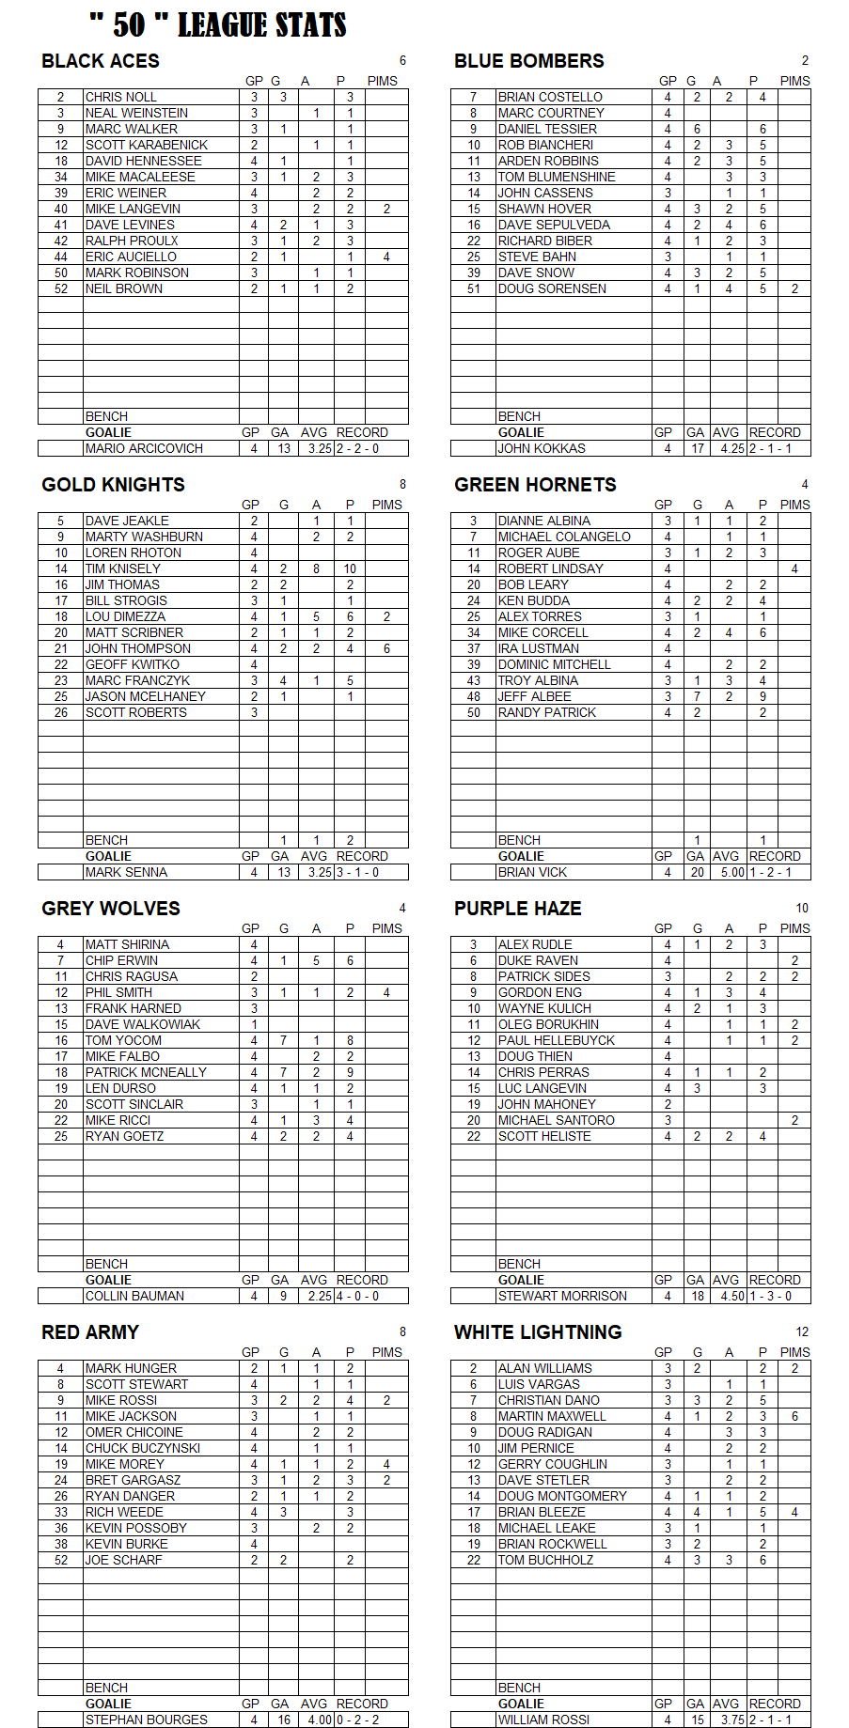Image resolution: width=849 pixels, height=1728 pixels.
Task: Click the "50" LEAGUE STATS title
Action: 218,25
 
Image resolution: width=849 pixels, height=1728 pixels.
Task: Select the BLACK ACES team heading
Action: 101,61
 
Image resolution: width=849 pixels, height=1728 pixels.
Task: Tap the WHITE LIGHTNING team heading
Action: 538,1332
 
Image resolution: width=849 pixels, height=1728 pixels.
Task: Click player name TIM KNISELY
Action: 123,568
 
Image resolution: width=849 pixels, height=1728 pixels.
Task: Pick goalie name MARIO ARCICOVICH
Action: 144,448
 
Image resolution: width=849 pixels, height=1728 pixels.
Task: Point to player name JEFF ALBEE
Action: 534,696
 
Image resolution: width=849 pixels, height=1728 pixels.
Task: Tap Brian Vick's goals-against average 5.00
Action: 731,872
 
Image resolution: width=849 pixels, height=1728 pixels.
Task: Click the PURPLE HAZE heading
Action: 518,909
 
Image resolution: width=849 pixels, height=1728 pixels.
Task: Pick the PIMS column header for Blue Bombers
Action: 794,81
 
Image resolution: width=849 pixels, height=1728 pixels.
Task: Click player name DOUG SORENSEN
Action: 552,288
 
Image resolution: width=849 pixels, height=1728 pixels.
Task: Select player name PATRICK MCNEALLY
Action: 146,1072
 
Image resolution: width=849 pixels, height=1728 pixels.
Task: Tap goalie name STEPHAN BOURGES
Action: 147,1720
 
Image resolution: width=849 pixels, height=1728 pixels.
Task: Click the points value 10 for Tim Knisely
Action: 350,568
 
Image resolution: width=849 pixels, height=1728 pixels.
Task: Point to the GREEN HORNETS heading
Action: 535,485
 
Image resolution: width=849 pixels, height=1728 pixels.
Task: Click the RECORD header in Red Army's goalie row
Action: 362,1704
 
